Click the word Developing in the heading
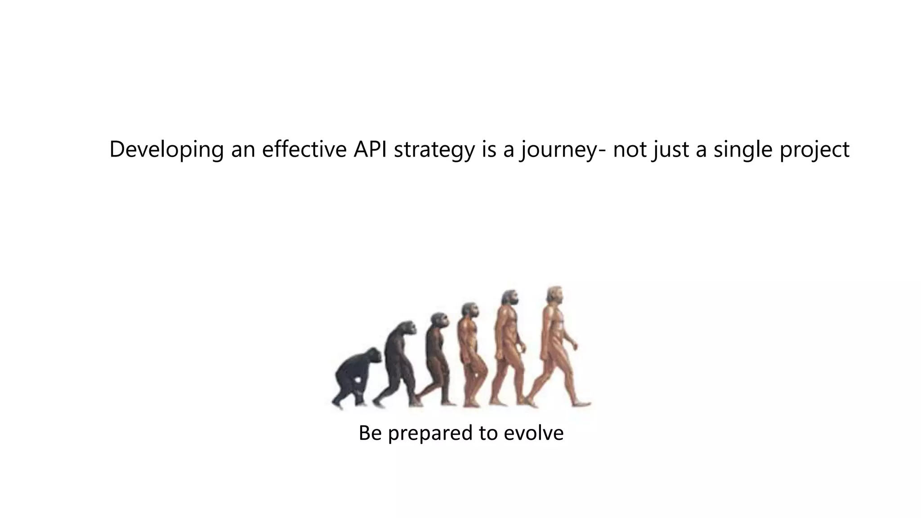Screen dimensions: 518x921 point(166,149)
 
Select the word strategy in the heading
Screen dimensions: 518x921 point(434,149)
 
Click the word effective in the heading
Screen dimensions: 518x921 point(304,149)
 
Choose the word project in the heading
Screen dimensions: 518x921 point(814,149)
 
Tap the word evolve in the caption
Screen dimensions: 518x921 point(533,433)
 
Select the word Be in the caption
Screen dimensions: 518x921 point(370,433)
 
